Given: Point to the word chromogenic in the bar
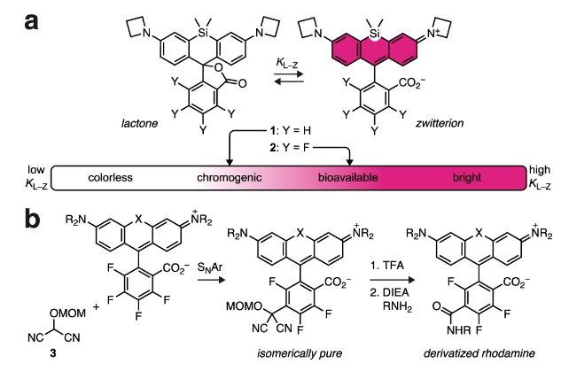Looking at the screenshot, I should pos(227,177).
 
